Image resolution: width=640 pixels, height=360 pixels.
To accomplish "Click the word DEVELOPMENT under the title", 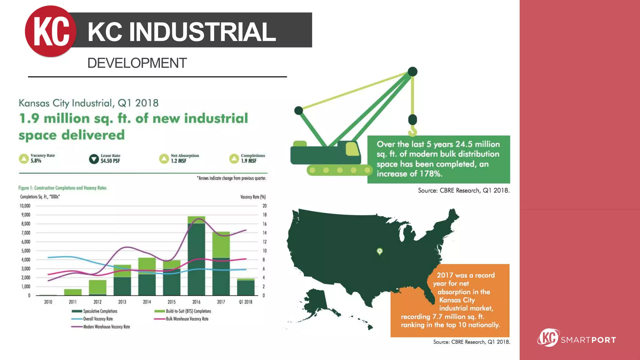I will coord(137,63).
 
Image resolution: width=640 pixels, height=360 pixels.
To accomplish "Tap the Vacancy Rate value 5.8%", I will coord(36,161).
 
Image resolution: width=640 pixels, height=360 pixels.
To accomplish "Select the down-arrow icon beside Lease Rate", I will coord(94,159).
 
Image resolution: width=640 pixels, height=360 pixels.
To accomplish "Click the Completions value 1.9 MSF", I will coord(249,161).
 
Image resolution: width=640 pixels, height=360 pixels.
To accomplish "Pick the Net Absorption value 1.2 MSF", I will coord(178,161).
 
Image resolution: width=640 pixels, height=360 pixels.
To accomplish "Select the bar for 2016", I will coord(196,256).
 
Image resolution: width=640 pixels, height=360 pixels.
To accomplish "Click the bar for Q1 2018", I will coord(246,287).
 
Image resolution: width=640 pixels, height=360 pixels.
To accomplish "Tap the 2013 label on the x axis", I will coord(122,302).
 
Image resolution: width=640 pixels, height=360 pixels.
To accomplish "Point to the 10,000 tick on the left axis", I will coord(25,206).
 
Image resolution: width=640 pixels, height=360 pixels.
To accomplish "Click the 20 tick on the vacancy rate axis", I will coord(264,206).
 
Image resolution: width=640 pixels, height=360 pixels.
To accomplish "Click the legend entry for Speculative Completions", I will coord(95,311).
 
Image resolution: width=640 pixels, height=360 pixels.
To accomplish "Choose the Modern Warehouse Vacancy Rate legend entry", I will coord(101,327).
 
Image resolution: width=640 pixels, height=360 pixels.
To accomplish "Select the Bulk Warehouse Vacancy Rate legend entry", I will coord(182,319).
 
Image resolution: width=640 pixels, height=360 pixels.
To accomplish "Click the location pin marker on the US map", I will coord(380,251).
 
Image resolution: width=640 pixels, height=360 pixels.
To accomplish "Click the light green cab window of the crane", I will coord(352,149).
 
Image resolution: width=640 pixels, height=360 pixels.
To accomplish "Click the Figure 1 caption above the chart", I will coord(62,188).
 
